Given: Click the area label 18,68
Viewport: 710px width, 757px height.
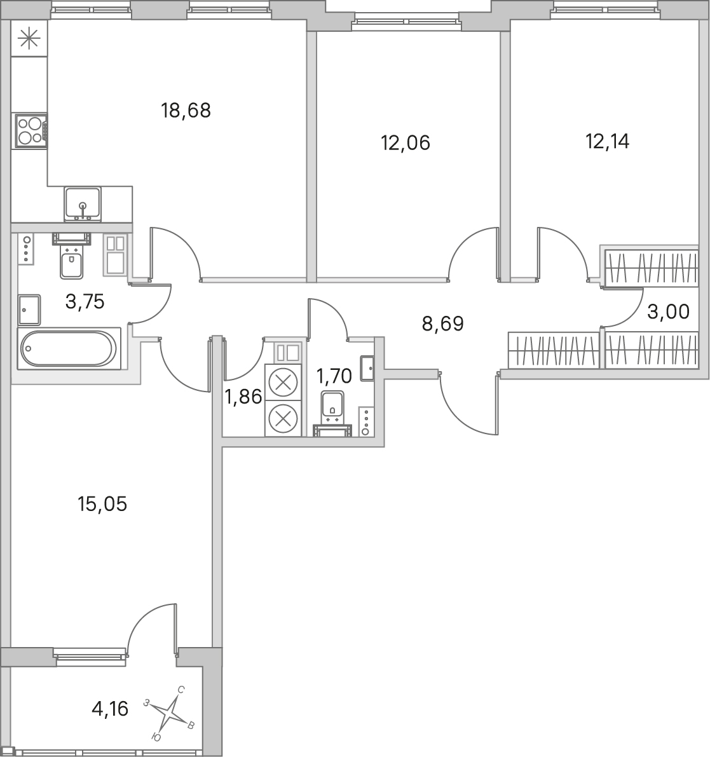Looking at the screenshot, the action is coord(186,111).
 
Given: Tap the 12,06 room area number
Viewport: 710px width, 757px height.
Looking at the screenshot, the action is coord(406,143).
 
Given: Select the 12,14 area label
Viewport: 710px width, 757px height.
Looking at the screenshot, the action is coord(607,142).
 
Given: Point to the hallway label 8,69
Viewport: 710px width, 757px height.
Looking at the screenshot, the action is coord(442,324).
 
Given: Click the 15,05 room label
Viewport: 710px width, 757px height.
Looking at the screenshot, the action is coord(102,504).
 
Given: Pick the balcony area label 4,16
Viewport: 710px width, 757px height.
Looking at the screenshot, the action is coord(110,709).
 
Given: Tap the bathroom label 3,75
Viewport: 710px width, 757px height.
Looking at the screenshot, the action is coord(85,302).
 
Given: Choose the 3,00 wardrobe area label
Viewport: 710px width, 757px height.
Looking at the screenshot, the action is coord(669,312).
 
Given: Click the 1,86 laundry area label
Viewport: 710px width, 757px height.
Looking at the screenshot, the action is coord(243,397).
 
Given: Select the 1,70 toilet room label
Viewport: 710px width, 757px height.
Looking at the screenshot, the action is coord(334,374).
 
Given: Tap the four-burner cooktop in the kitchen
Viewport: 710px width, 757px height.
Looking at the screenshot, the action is coord(31,131).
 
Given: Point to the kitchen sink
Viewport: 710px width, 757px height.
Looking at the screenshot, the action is coord(83,205).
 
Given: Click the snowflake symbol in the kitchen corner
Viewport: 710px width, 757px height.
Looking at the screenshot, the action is coord(29,39).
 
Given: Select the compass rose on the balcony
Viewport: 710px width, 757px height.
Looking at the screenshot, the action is coord(170,713).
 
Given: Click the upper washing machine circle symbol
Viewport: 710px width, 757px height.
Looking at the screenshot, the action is coord(283,382).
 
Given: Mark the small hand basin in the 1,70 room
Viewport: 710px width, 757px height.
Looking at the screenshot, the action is coord(367,369).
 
